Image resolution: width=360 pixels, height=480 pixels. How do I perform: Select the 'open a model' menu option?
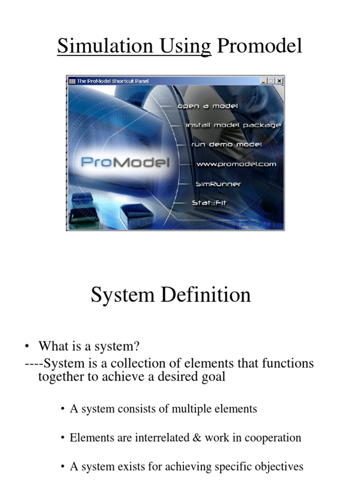pyautogui.click(x=208, y=106)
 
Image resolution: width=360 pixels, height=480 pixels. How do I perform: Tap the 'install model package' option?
pyautogui.click(x=233, y=125)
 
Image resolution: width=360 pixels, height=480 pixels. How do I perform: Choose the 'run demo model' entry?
pyautogui.click(x=226, y=144)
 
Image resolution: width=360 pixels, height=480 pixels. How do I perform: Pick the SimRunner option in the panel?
pyautogui.click(x=218, y=184)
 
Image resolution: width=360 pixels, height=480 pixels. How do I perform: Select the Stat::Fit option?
pyautogui.click(x=209, y=203)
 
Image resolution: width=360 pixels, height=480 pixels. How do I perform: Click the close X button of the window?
pyautogui.click(x=279, y=81)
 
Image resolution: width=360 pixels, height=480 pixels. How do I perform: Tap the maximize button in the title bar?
pyautogui.click(x=271, y=81)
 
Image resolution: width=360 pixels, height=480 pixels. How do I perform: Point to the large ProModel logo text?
pyautogui.click(x=125, y=163)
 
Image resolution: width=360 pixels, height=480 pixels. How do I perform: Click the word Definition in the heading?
pyautogui.click(x=206, y=295)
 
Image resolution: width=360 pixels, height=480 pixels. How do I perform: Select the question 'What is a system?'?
pyautogui.click(x=89, y=346)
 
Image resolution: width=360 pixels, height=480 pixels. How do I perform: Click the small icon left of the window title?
pyautogui.click(x=72, y=81)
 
